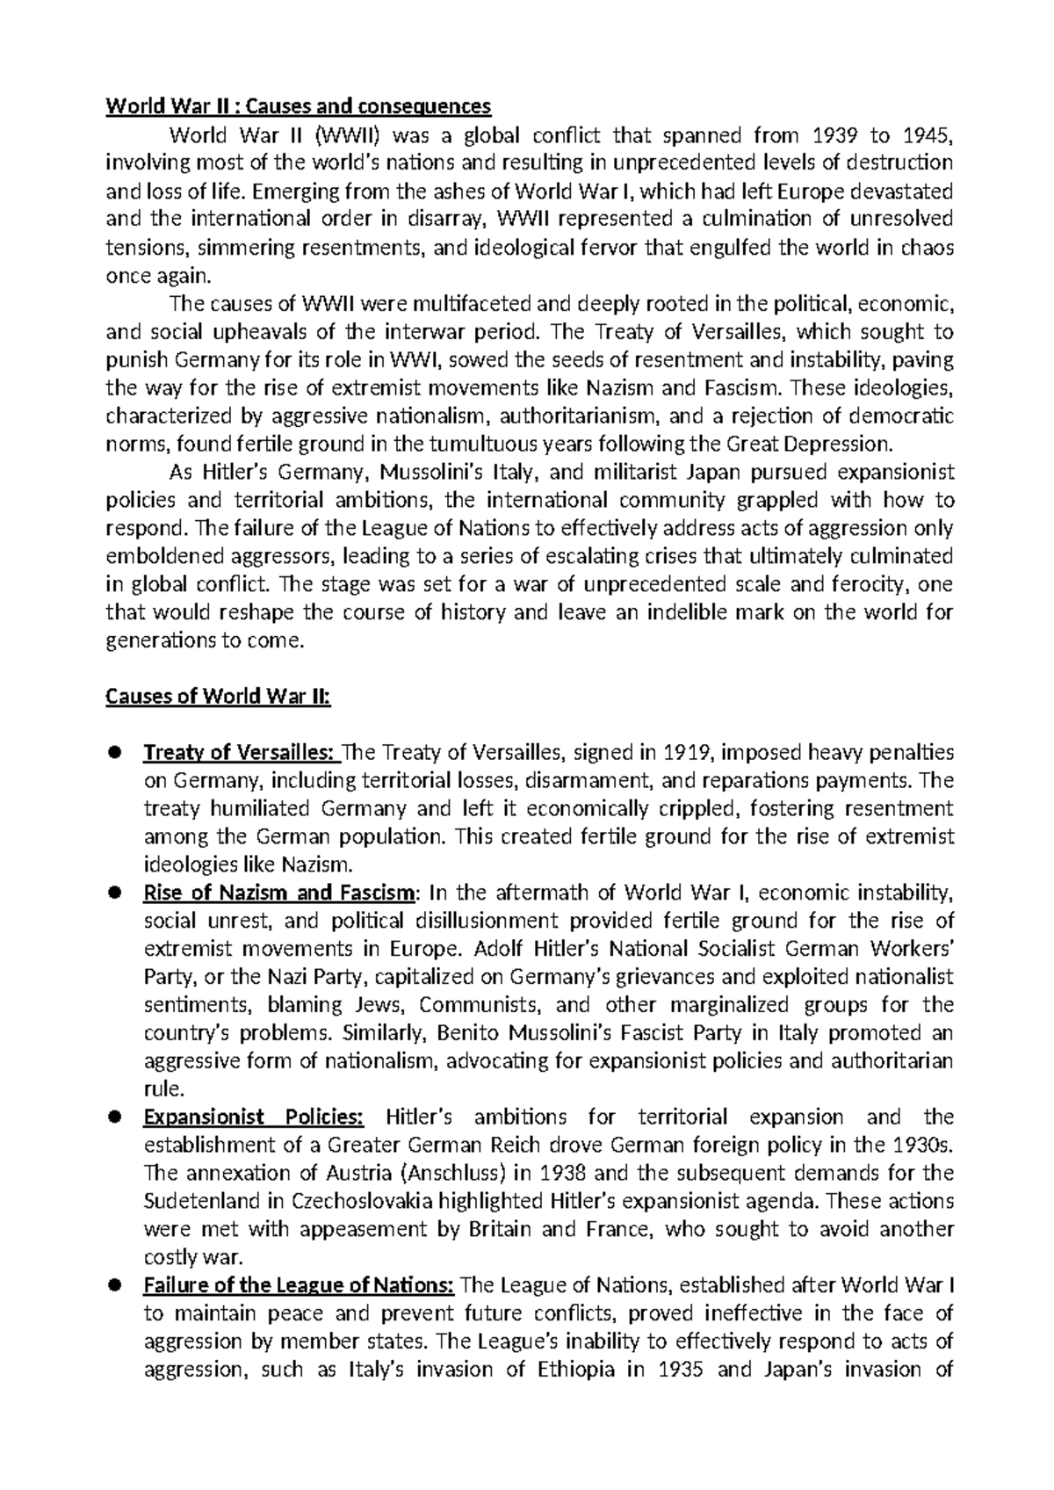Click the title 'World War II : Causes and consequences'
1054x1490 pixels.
tap(298, 107)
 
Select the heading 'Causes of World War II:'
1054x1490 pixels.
tap(218, 697)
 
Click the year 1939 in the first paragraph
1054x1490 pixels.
tap(830, 135)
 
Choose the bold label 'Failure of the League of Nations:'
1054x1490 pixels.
tap(298, 1285)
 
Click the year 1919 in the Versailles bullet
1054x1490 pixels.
tap(687, 753)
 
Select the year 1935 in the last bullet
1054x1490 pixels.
tap(680, 1370)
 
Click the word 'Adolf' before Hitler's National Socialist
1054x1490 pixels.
tap(496, 949)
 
